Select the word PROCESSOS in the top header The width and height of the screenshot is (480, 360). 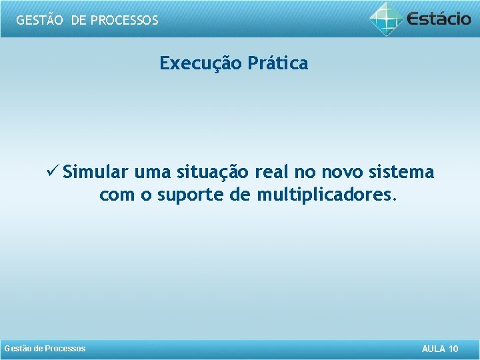[x=125, y=20]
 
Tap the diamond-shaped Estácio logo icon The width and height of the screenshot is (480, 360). [x=387, y=19]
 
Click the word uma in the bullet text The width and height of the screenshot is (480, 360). [x=152, y=173]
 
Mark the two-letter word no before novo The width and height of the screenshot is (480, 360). [x=305, y=173]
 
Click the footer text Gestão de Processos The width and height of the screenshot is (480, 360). [x=45, y=349]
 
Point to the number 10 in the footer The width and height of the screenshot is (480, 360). [x=454, y=349]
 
